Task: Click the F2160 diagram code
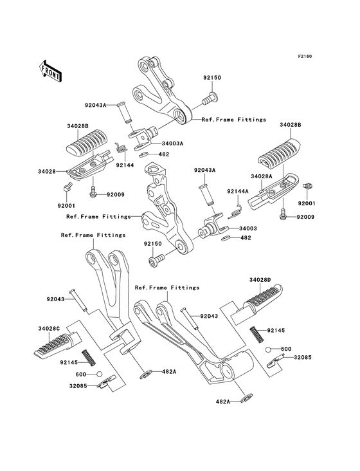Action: coord(304,57)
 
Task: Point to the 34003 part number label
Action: coord(248,228)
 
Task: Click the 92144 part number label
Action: coord(125,165)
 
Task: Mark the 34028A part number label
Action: coord(262,176)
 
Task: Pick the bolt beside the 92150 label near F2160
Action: coord(210,97)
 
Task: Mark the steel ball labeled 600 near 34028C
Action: coord(98,373)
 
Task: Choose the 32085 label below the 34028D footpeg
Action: coord(303,356)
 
